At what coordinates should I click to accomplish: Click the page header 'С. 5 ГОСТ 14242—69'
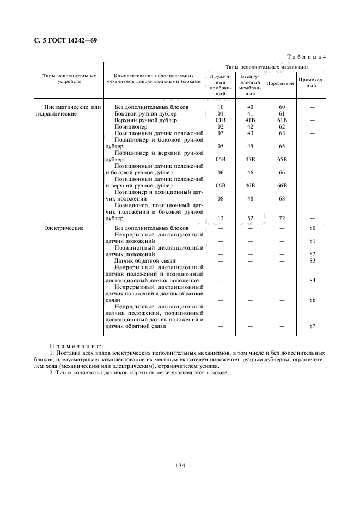63,40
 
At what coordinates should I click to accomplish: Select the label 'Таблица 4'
307,57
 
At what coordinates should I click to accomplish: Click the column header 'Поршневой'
280,84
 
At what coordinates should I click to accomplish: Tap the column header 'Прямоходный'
312,83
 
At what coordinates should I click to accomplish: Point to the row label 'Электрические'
64,228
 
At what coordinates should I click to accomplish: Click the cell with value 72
282,218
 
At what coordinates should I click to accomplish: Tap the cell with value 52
251,218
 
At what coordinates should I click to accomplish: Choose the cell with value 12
221,218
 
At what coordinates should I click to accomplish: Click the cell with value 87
312,326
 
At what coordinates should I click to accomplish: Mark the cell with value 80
312,228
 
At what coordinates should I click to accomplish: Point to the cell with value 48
251,199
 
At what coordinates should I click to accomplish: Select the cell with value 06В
221,186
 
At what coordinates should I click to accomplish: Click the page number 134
180,465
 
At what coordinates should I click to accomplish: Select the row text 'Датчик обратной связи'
142,261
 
